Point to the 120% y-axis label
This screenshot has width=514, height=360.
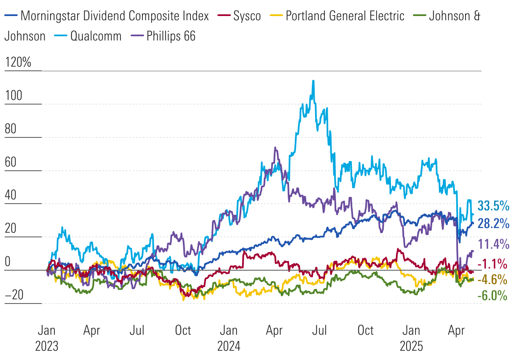(x=18, y=63)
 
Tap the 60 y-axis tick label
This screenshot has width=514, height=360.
(x=11, y=162)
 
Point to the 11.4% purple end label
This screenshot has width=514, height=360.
(x=493, y=244)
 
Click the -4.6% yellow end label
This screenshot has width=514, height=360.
(x=492, y=280)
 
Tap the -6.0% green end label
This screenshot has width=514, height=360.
(x=492, y=296)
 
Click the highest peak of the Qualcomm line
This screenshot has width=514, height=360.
(x=313, y=81)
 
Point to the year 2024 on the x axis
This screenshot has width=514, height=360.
(x=229, y=346)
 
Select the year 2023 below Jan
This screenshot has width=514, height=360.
(x=46, y=346)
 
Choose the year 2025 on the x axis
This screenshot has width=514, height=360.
(x=412, y=346)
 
